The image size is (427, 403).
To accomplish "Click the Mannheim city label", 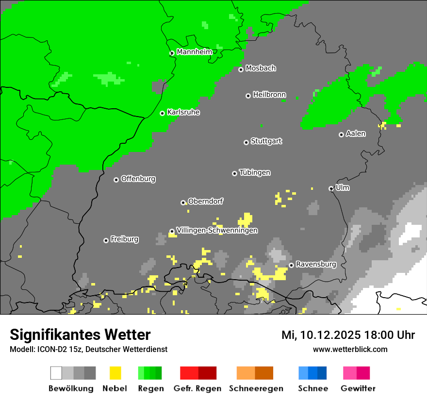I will coord(194,52).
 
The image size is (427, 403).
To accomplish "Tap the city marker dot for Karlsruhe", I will coord(163,113).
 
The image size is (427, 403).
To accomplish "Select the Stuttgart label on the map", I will coord(266,141).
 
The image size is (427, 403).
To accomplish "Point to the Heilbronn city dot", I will coord(248,96).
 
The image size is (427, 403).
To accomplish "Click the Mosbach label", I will coord(261,68).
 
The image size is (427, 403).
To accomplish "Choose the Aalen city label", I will coord(356,134).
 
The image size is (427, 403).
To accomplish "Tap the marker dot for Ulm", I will coord(331,188).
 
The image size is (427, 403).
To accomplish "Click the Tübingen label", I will coord(255,173).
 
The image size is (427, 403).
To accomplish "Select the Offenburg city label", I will coord(138,179).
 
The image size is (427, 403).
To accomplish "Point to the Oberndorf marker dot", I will coord(183,202).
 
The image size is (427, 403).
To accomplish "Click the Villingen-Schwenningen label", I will coord(217,230).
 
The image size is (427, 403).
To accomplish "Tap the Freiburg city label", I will coord(124,239).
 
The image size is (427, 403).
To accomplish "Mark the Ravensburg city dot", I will coord(291,265).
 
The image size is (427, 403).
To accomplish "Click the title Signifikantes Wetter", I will coord(80,335).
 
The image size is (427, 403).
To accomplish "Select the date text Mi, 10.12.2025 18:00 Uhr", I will coord(348,335).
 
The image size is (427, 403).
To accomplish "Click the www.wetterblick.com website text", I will coord(350,349).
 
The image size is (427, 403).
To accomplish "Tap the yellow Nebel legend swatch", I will coord(115,373).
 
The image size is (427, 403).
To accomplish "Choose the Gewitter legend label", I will coord(358,388).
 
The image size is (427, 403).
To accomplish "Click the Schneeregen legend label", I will coord(256,388).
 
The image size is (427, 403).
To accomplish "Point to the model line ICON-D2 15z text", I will coord(88,349).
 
